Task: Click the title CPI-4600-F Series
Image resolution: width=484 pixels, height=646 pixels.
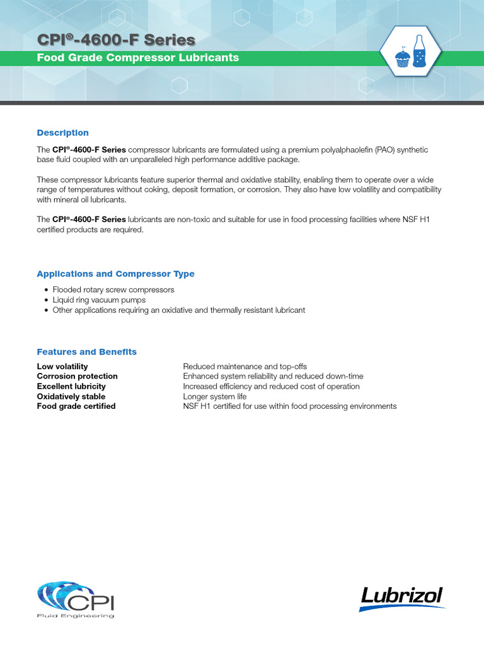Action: tap(116, 40)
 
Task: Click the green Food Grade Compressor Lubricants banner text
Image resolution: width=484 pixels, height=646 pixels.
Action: tap(138, 58)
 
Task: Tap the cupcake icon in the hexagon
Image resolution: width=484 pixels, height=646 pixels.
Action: tap(402, 58)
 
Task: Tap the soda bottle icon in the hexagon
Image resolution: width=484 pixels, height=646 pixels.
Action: tap(418, 52)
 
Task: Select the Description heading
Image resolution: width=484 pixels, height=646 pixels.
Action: tap(62, 132)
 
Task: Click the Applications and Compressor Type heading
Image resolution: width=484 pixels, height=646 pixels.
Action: tap(115, 274)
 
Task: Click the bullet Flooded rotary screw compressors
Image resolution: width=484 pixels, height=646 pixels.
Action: tap(113, 290)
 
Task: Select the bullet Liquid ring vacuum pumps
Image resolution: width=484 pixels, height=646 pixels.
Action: tap(99, 300)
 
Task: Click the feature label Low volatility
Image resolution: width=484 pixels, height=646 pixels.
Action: tap(62, 367)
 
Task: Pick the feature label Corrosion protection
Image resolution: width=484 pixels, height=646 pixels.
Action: tap(77, 377)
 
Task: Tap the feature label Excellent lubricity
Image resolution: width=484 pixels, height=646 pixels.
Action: tap(71, 386)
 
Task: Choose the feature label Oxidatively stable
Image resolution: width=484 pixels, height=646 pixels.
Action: tap(71, 396)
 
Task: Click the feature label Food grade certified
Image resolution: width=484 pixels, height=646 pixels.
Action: tap(76, 406)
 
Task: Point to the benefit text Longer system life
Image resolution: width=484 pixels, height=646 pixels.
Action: tap(215, 396)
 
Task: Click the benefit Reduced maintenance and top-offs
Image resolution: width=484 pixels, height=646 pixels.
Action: tap(245, 367)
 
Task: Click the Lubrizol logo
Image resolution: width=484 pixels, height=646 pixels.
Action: tap(401, 597)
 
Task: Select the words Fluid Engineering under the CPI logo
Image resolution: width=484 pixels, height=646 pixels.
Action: tap(76, 616)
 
